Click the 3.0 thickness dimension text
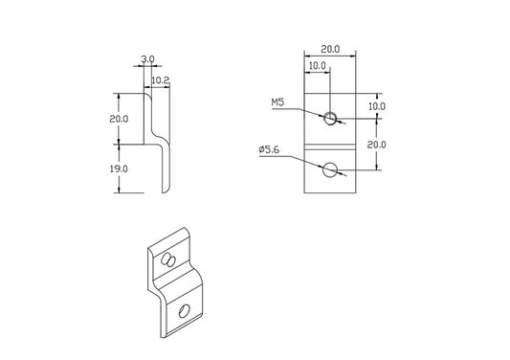[x=147, y=59]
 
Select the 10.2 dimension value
[x=161, y=80]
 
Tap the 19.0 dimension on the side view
[x=119, y=169]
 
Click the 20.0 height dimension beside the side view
[x=119, y=119]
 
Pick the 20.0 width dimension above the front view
[x=330, y=49]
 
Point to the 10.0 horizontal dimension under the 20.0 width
[x=317, y=66]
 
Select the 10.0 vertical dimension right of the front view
[x=377, y=106]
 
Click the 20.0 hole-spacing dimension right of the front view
[x=377, y=145]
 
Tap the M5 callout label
[x=277, y=102]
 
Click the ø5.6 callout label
[x=269, y=149]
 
